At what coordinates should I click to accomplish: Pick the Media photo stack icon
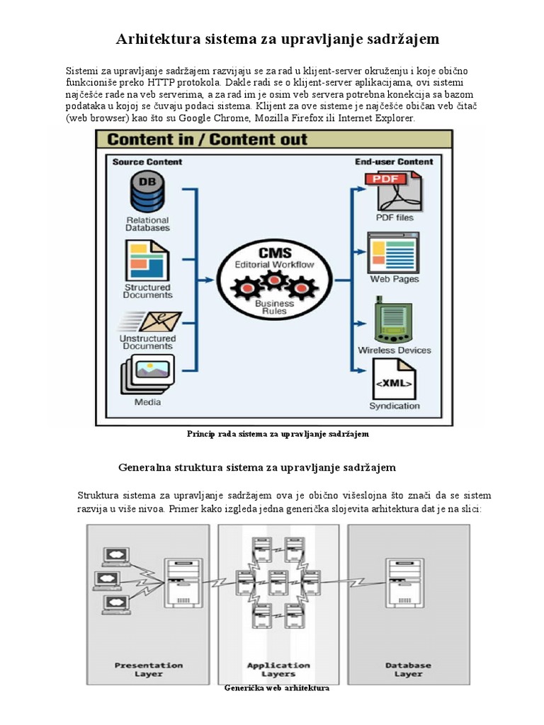[147, 373]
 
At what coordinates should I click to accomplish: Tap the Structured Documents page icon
[147, 261]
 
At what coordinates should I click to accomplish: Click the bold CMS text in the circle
[273, 253]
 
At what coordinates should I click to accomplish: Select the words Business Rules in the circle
[273, 307]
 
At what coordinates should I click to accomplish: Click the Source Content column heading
[147, 161]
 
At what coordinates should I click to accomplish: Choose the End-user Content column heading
[394, 161]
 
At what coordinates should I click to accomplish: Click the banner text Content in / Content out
[208, 139]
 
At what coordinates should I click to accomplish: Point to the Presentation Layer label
[148, 669]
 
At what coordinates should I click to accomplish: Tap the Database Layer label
[408, 669]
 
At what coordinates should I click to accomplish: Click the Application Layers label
[278, 669]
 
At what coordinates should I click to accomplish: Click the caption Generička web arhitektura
[277, 687]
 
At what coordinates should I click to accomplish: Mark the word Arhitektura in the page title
[153, 39]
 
